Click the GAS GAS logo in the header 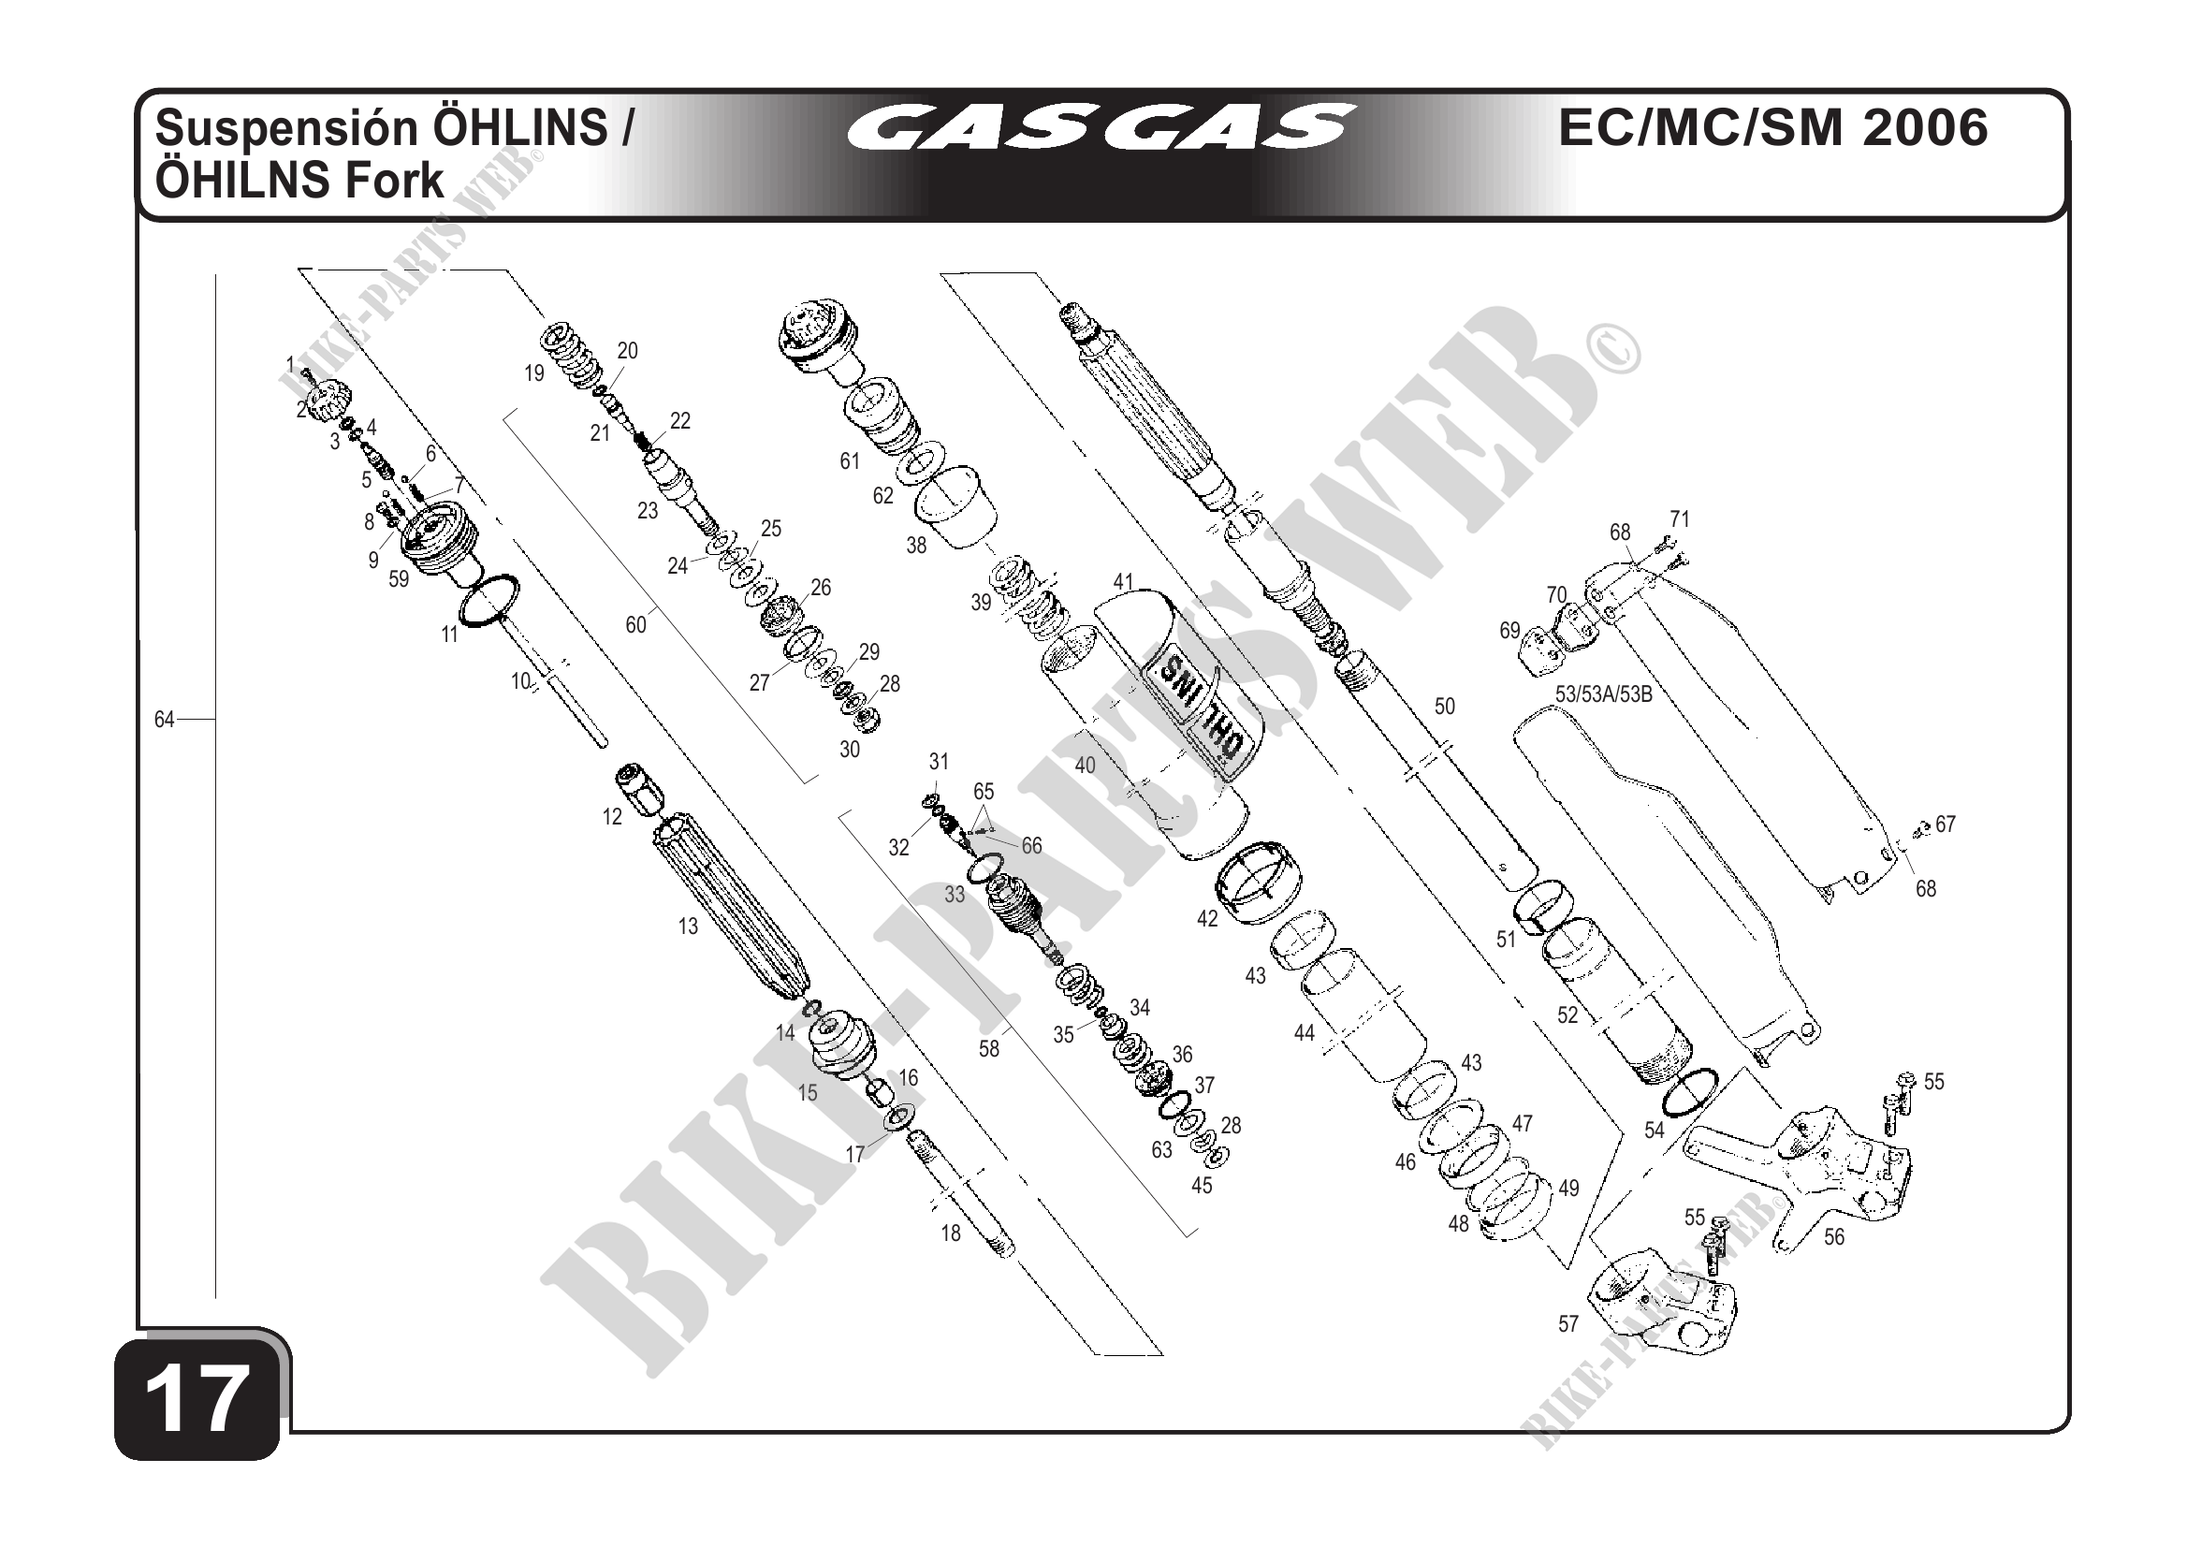(1101, 126)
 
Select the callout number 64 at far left (165, 721)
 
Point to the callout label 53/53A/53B (1604, 694)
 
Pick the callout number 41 (1123, 582)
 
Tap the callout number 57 (1568, 1324)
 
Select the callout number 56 (1833, 1237)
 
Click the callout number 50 (1445, 706)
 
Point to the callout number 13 (688, 926)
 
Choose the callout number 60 (635, 625)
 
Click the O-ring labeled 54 (1690, 1092)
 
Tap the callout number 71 (1679, 519)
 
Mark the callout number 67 (1945, 824)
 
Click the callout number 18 (951, 1233)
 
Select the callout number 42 (1207, 919)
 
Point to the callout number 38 (915, 546)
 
